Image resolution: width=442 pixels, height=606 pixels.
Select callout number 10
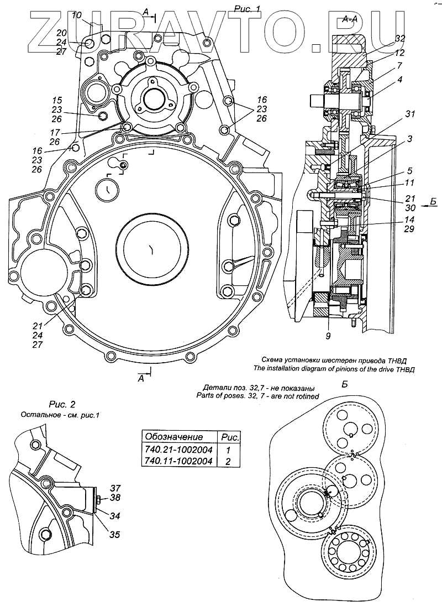(x=77, y=14)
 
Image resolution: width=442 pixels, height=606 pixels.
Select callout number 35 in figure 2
(x=114, y=535)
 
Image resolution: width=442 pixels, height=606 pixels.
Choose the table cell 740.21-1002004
(x=178, y=449)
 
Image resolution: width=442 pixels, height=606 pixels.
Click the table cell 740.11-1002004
(x=178, y=462)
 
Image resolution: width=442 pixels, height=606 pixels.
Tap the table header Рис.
(x=230, y=436)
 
